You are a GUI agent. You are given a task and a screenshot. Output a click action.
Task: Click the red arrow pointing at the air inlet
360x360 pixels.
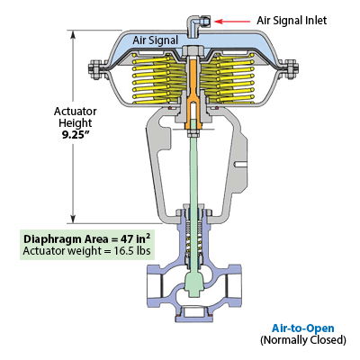(x=232, y=22)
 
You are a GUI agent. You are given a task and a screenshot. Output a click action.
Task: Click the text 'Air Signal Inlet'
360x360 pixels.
(x=292, y=21)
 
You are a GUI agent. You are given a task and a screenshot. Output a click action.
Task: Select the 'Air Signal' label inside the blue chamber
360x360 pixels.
(x=156, y=40)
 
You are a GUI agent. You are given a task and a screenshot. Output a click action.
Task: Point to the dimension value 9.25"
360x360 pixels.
(x=76, y=135)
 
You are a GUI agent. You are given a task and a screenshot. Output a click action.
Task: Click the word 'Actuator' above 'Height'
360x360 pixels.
(x=76, y=112)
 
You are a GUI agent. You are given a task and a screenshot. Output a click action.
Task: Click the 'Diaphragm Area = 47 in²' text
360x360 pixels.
(x=87, y=239)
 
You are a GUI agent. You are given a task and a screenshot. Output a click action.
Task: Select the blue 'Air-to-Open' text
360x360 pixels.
(x=303, y=328)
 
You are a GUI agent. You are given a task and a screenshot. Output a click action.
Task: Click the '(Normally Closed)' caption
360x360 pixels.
(x=303, y=340)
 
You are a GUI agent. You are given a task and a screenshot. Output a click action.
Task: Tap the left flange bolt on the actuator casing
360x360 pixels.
(x=95, y=69)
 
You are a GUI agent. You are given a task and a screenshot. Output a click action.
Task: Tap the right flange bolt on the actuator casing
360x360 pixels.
(x=291, y=69)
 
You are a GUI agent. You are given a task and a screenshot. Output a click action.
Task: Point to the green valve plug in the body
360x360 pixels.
(x=193, y=283)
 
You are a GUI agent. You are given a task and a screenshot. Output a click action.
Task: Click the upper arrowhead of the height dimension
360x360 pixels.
(x=73, y=34)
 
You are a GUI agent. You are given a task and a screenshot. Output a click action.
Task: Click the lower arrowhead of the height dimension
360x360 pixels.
(x=73, y=219)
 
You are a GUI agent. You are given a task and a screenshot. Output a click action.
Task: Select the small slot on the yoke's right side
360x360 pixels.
(x=241, y=164)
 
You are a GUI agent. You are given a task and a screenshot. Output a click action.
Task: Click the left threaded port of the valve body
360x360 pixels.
(x=155, y=284)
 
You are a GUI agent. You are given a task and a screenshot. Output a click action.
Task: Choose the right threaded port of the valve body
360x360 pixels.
(x=233, y=284)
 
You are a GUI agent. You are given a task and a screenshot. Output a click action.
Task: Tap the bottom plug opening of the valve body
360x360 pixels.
(x=194, y=313)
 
